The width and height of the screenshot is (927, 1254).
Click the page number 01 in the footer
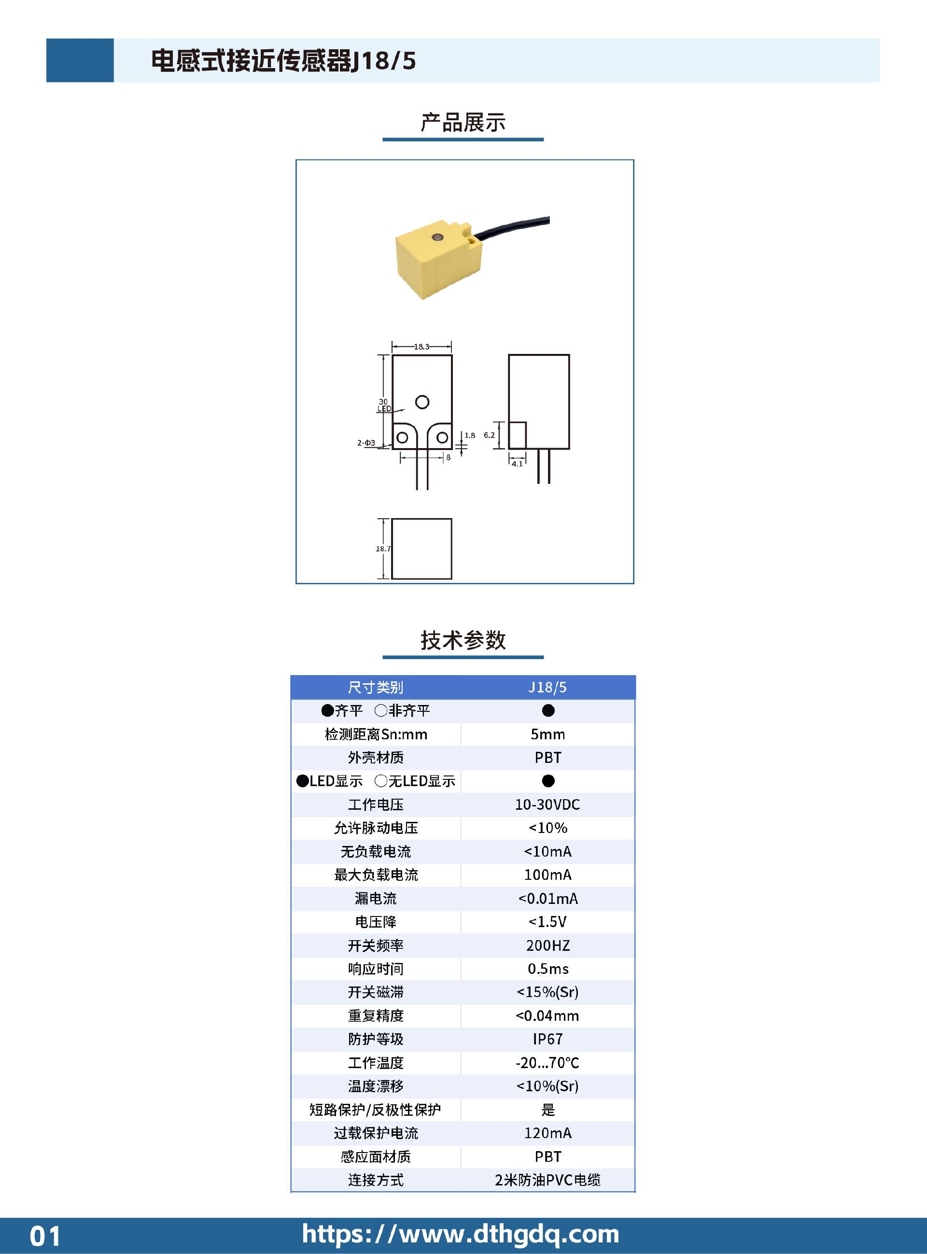45,1236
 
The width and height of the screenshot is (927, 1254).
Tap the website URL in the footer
461,1234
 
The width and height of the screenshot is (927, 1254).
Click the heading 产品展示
463,122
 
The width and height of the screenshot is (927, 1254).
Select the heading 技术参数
463,640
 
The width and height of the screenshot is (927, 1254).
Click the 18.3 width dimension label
421,347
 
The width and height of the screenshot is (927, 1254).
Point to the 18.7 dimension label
383,549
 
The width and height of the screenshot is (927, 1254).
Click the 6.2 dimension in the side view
489,435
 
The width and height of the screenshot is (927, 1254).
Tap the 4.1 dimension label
517,464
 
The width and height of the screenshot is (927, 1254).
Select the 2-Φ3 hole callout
366,443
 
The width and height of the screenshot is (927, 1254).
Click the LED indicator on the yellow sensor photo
437,238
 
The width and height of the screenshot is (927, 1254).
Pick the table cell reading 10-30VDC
547,804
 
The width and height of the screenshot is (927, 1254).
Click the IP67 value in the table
547,1039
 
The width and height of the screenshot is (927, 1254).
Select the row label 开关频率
376,945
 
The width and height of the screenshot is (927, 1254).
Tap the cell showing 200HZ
548,945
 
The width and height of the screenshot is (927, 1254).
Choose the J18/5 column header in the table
547,687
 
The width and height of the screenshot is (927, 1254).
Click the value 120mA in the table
548,1133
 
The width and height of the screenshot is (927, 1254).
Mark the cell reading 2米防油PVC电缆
547,1180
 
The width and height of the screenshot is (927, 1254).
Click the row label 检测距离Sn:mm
376,734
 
